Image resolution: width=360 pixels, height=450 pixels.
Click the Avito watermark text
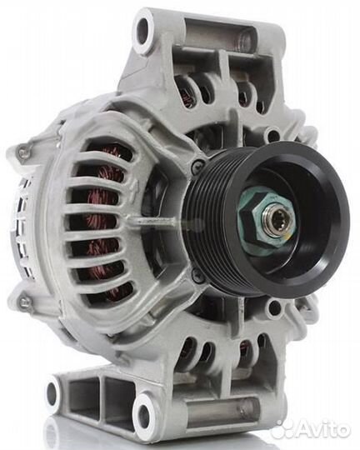[324, 429]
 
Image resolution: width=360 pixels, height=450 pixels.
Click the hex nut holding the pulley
[264, 218]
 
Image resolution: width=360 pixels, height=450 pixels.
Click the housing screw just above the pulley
[197, 165]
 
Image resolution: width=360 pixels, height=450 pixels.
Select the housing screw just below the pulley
[198, 274]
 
